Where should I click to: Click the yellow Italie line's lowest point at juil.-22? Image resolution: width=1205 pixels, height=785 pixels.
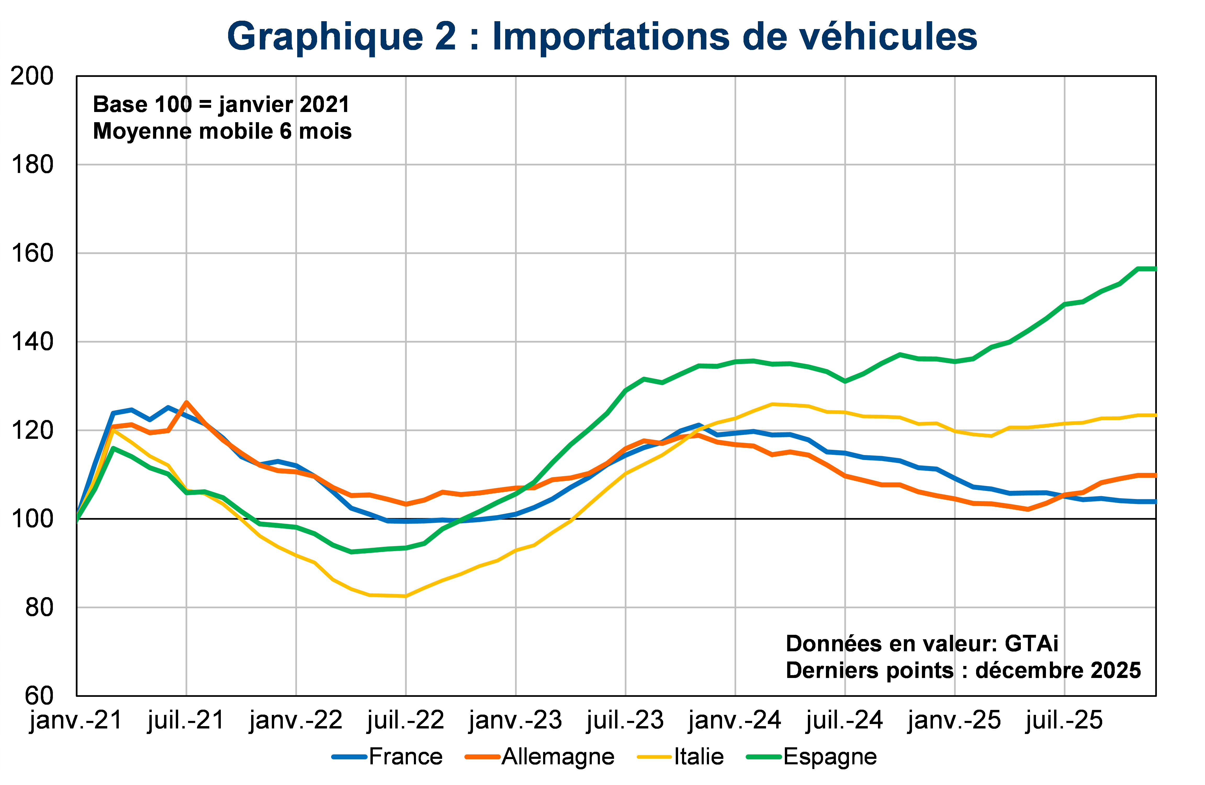(x=406, y=596)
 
